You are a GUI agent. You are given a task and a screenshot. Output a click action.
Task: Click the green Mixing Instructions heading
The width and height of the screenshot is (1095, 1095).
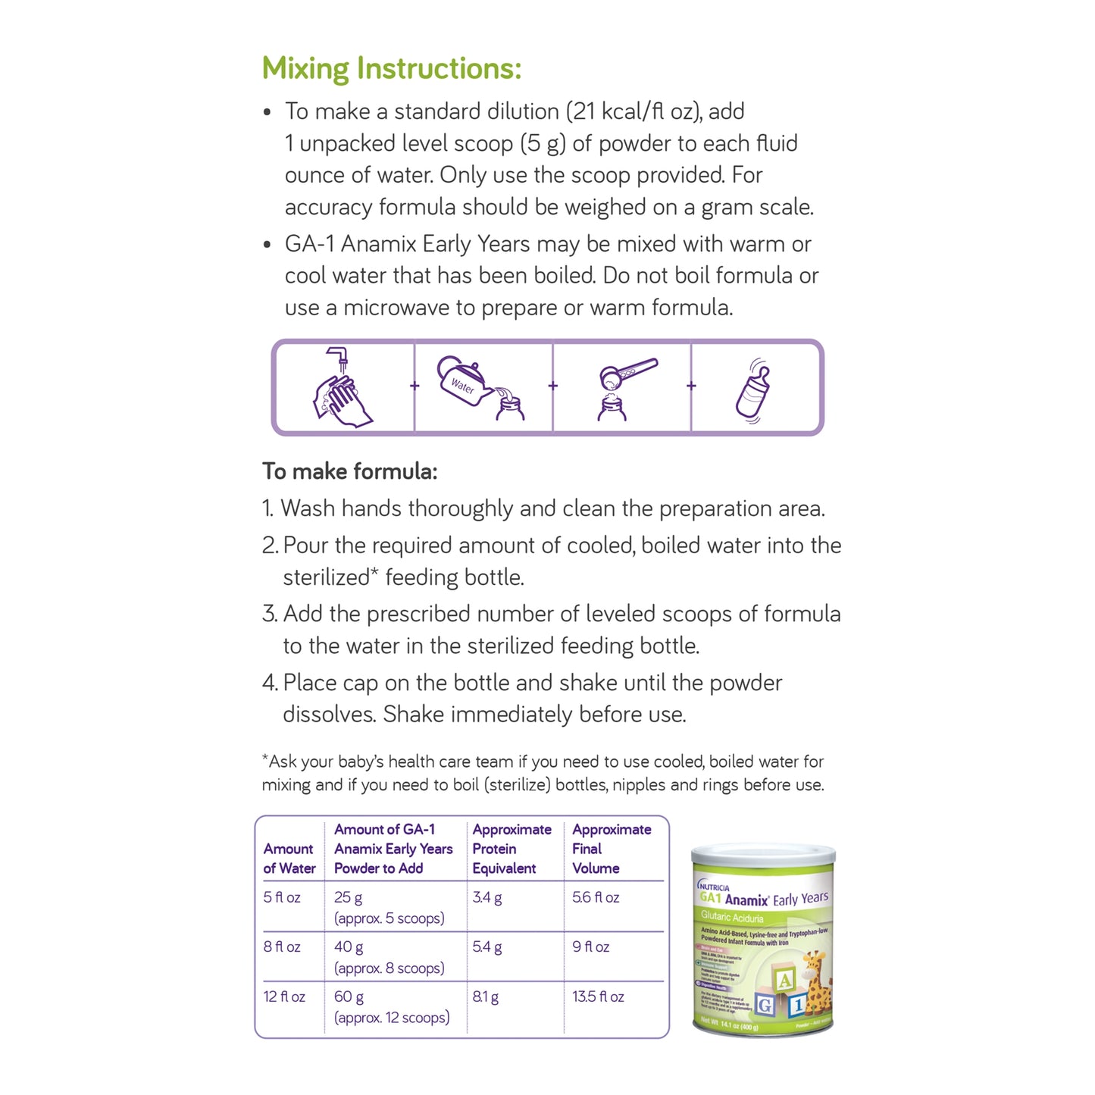[391, 68]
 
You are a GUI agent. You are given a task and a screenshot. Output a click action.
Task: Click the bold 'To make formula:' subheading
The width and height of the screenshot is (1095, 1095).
[349, 471]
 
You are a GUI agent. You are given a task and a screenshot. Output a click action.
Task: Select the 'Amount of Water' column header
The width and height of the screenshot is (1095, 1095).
[289, 859]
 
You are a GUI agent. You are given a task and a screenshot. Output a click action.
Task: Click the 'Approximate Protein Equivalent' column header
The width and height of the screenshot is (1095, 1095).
[512, 849]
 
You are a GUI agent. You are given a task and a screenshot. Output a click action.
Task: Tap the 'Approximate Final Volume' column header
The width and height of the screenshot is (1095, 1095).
[611, 849]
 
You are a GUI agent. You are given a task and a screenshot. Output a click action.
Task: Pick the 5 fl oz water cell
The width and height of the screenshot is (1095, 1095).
[282, 897]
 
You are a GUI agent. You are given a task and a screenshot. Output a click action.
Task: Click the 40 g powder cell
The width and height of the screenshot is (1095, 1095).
[349, 946]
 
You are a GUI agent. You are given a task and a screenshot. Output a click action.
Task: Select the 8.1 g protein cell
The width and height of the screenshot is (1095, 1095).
[485, 996]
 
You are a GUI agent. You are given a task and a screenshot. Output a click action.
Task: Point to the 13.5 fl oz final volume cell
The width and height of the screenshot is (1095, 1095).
[598, 996]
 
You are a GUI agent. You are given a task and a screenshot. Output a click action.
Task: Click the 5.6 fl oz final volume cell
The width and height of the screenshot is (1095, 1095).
[596, 897]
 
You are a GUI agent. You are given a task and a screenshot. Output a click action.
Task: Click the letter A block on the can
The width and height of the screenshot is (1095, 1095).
[784, 980]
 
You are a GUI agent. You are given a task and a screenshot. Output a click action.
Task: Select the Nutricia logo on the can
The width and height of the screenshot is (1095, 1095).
[713, 886]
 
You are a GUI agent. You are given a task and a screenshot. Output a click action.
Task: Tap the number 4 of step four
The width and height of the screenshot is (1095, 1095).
[270, 683]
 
